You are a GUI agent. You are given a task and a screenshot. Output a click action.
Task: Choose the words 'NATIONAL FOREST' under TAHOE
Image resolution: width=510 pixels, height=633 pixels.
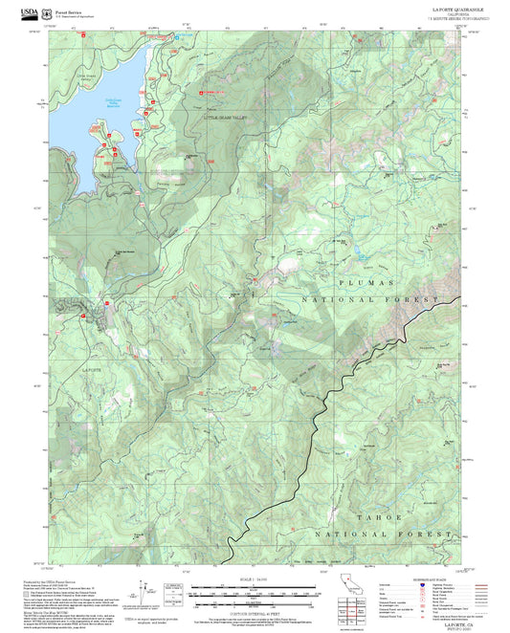click(x=365, y=533)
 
